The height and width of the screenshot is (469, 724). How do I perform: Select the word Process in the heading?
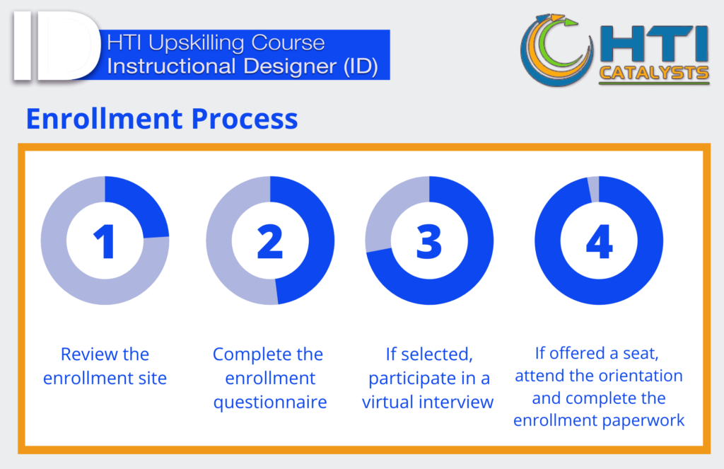pos(244,119)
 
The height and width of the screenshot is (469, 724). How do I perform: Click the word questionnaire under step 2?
pos(269,403)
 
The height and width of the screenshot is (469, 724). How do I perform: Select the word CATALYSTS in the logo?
pos(653,73)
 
